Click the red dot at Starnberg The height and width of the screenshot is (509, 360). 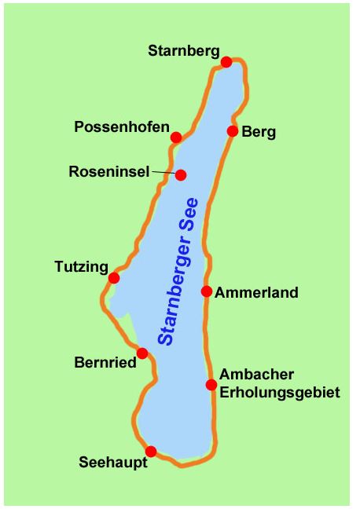click(x=226, y=62)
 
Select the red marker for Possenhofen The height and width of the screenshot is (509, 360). click(x=176, y=137)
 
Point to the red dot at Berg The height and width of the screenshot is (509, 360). click(x=233, y=131)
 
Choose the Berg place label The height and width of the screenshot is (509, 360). click(x=259, y=132)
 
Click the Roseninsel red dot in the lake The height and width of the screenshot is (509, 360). click(x=181, y=175)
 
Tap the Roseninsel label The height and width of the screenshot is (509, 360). click(x=109, y=171)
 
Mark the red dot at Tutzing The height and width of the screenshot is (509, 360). click(x=114, y=277)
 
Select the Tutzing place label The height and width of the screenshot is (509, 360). click(x=81, y=267)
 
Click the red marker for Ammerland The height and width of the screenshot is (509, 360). click(x=206, y=291)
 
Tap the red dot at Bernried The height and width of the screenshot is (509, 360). click(x=142, y=353)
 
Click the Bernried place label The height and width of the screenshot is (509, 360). click(x=105, y=363)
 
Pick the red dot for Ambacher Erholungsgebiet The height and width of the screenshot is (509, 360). click(x=211, y=385)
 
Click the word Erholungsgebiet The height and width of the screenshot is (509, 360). click(x=280, y=391)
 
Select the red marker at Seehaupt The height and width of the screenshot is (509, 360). click(x=151, y=452)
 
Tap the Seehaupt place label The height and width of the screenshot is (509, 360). click(x=113, y=463)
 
